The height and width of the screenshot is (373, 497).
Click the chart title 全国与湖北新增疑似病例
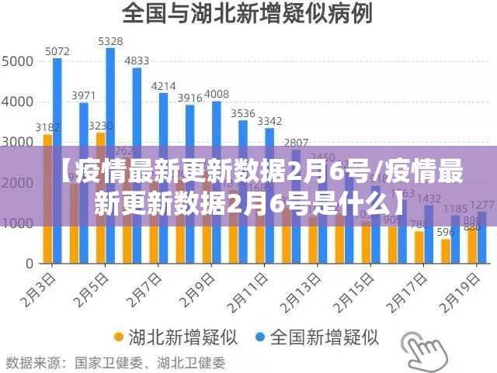pos(247,13)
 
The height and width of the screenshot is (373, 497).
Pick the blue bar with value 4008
pos(216,124)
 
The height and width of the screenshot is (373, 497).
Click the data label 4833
pos(137,60)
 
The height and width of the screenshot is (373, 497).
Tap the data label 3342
pos(269,121)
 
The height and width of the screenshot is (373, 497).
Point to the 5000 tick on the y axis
pos(18,60)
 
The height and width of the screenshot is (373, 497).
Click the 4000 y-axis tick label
pos(18,101)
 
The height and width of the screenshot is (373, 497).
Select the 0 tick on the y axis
pos(28,264)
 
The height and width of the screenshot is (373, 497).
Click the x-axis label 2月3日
pos(39,288)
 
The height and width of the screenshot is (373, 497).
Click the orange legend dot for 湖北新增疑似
pos(119,337)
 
